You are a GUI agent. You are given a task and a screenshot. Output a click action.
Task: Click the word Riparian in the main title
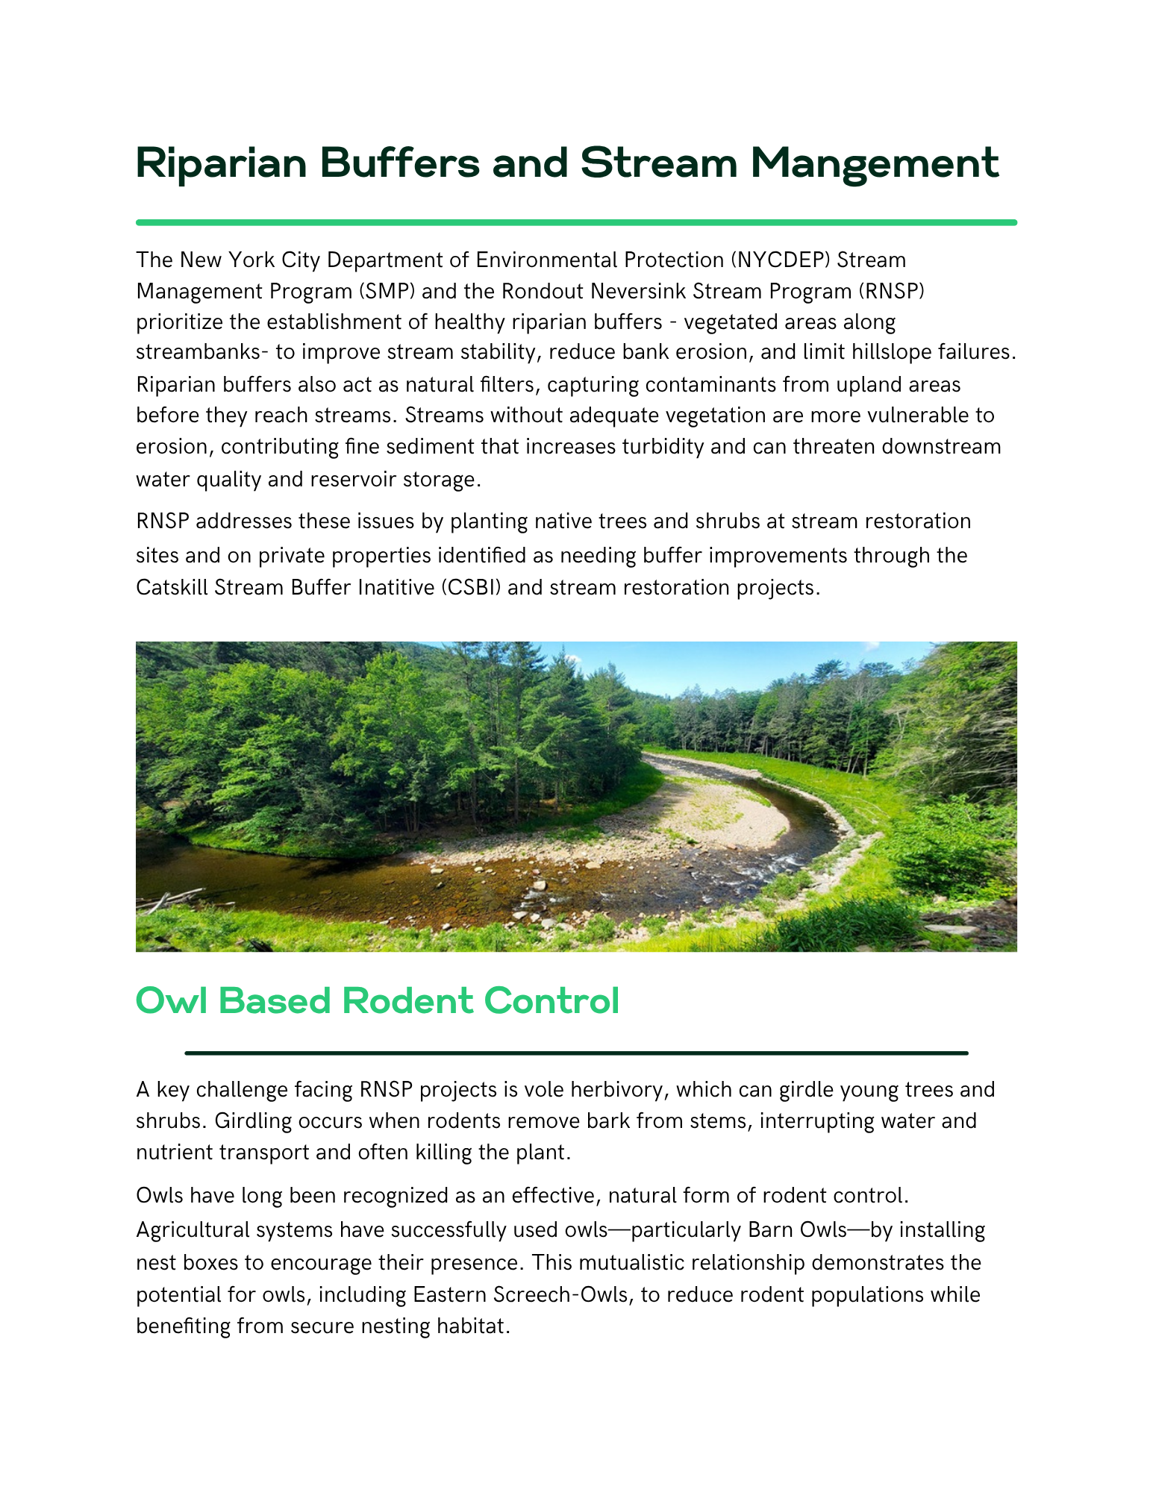tap(221, 164)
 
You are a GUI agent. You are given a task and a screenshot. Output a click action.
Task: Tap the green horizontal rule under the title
tap(576, 222)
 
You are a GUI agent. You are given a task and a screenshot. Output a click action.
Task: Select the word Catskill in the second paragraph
tap(172, 588)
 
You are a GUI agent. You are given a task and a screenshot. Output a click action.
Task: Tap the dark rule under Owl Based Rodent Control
tap(576, 1053)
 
